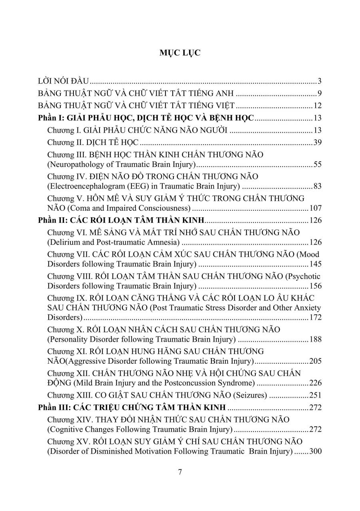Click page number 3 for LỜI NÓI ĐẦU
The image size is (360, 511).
pyautogui.click(x=320, y=81)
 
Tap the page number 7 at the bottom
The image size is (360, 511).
pyautogui.click(x=180, y=472)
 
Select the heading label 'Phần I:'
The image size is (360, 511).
pyautogui.click(x=51, y=118)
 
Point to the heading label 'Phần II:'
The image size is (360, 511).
pyautogui.click(x=52, y=220)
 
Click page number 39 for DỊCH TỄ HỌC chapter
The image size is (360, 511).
pyautogui.click(x=318, y=143)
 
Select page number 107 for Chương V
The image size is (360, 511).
pyautogui.click(x=316, y=208)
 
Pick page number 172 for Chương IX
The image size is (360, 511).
pyautogui.click(x=316, y=318)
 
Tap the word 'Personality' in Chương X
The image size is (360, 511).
pyautogui.click(x=68, y=339)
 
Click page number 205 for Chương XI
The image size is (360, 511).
pyautogui.click(x=316, y=361)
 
